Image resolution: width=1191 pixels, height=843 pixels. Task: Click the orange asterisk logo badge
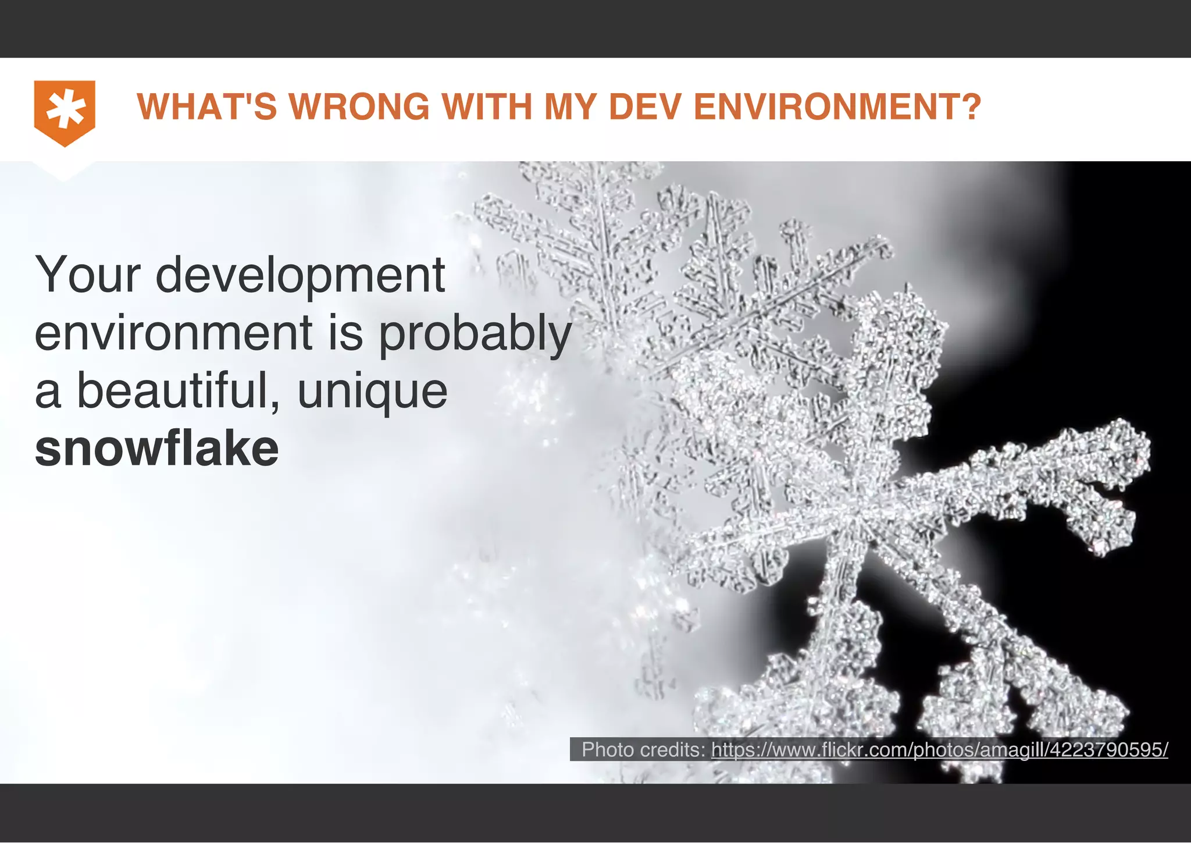click(x=65, y=113)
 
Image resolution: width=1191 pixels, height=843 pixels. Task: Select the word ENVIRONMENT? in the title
click(x=837, y=108)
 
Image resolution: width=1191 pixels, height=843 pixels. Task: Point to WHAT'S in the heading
click(x=206, y=108)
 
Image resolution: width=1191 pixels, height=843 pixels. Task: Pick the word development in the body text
click(x=300, y=276)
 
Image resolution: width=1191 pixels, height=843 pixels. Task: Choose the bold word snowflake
click(x=157, y=449)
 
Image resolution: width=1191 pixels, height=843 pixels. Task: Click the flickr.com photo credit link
click(x=939, y=750)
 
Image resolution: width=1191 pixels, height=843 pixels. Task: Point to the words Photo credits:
click(x=644, y=750)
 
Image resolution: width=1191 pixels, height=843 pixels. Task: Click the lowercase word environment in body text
click(x=174, y=333)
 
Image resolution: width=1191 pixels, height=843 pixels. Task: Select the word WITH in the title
click(x=487, y=108)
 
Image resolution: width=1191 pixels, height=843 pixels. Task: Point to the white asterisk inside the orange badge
click(x=65, y=109)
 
